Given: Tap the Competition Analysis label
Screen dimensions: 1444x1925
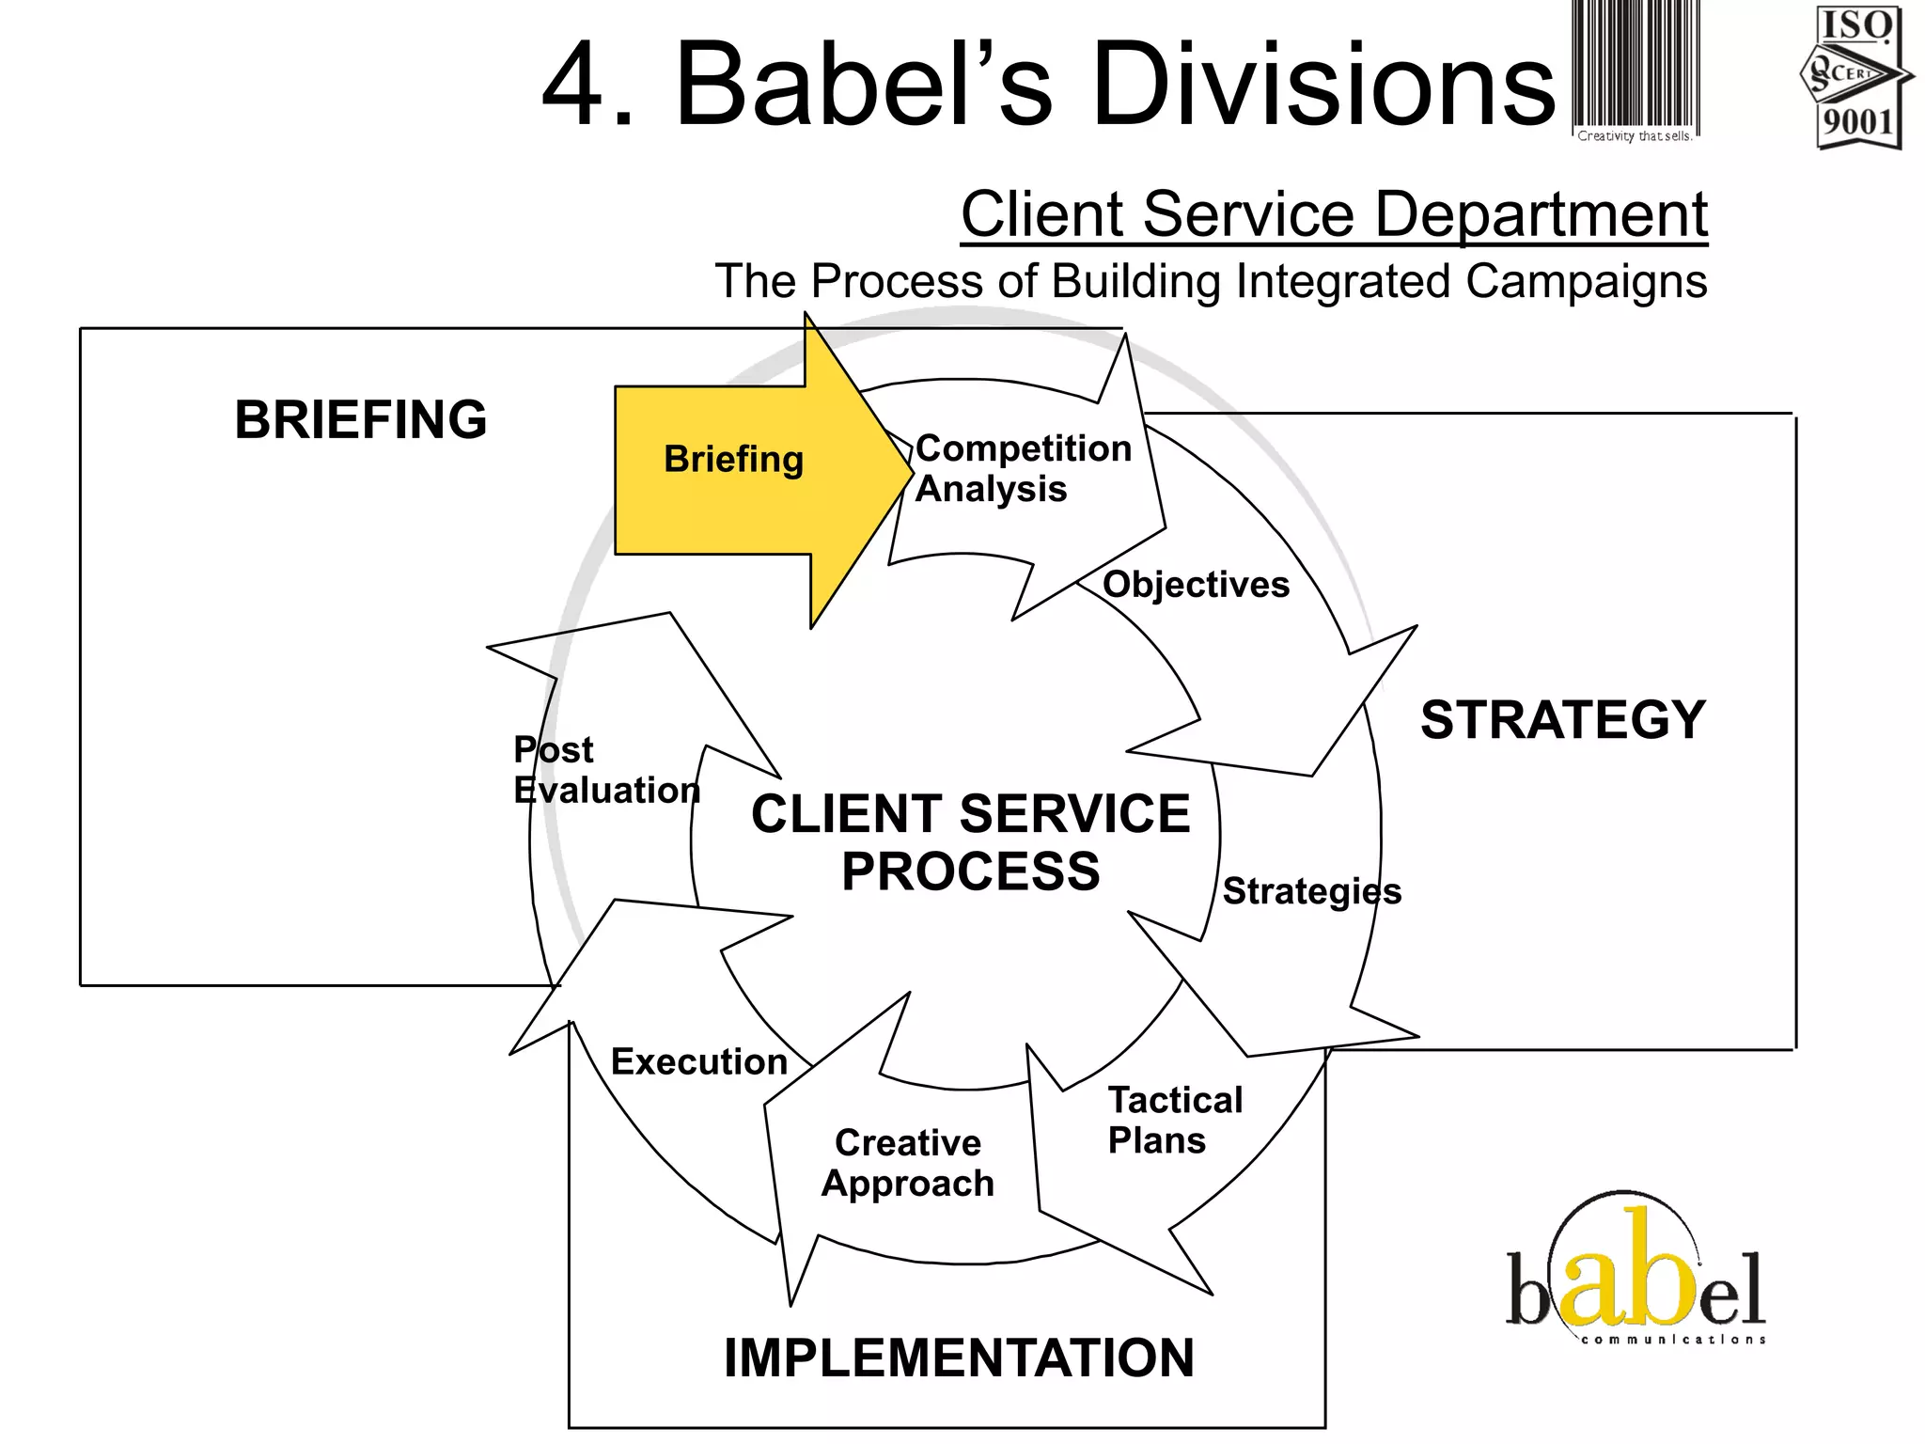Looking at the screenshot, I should click(1023, 468).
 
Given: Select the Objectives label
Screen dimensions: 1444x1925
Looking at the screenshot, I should click(1196, 585).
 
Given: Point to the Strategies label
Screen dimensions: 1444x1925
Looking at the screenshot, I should click(1311, 891).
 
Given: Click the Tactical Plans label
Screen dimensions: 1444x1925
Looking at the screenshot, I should click(1174, 1120).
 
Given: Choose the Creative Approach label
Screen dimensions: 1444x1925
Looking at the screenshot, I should click(908, 1163).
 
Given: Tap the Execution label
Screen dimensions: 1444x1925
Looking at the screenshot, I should click(698, 1061).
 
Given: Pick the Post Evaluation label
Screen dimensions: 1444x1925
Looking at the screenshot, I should click(606, 770).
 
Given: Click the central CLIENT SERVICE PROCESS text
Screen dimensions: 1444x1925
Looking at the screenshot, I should click(970, 841).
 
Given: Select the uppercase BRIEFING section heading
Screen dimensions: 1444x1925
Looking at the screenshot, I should click(361, 419).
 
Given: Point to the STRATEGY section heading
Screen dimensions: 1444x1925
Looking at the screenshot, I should click(1562, 720).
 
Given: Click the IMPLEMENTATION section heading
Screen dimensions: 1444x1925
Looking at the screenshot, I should click(959, 1358).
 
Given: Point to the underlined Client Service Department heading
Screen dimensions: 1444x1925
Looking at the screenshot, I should click(1333, 214).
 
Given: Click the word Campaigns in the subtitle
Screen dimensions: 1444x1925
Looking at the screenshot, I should click(1586, 281).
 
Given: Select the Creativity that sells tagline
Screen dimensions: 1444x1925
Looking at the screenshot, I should click(1634, 136).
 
